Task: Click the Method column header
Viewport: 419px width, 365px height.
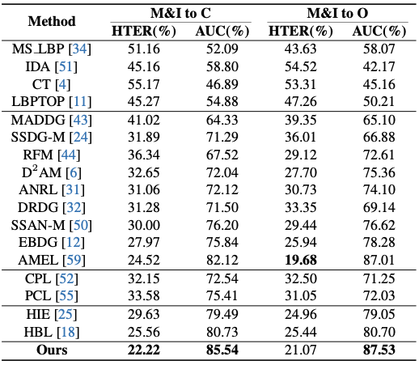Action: (52, 21)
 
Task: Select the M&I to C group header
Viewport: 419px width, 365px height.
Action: (180, 13)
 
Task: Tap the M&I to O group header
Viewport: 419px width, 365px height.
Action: (337, 13)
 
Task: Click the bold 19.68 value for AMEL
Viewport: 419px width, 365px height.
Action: (301, 260)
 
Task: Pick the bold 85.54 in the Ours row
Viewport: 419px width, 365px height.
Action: (222, 350)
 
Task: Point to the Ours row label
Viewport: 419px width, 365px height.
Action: (52, 350)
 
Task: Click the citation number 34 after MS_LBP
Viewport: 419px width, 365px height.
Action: (80, 49)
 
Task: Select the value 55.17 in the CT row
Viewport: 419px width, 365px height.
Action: (144, 84)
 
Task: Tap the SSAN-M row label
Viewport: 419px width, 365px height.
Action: (38, 225)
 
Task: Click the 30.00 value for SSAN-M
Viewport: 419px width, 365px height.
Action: (144, 225)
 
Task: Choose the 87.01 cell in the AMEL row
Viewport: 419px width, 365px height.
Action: (379, 260)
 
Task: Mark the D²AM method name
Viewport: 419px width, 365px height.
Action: (41, 172)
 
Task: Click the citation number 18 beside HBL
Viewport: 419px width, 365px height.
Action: (68, 332)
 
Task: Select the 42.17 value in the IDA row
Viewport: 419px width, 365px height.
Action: (379, 66)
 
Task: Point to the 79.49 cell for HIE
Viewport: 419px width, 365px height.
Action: (222, 314)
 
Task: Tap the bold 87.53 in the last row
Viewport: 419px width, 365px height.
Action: (379, 350)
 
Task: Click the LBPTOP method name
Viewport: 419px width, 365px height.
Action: (38, 102)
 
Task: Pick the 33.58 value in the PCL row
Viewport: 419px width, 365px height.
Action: (144, 295)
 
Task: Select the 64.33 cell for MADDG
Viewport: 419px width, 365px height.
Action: (222, 120)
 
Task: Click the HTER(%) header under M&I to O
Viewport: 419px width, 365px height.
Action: (301, 31)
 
